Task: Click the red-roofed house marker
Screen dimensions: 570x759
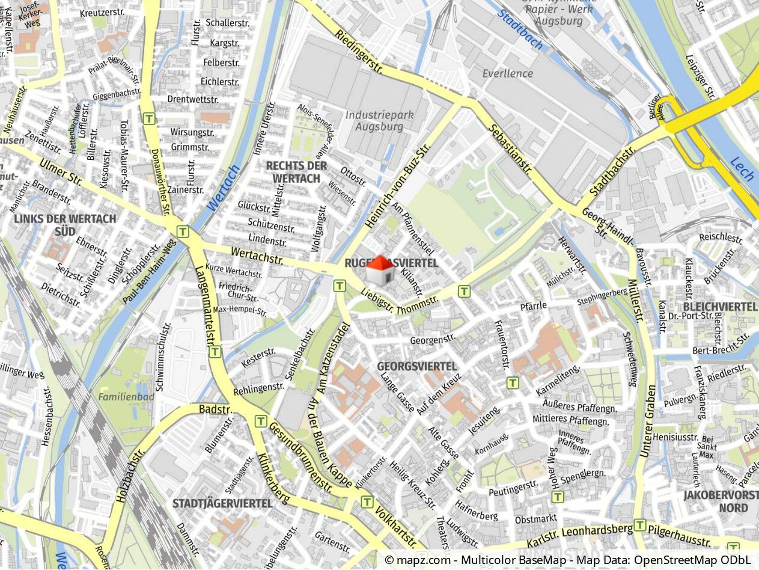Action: click(x=380, y=270)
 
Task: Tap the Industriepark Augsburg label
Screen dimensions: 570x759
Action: click(x=379, y=120)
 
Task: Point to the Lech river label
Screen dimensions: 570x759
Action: click(x=742, y=169)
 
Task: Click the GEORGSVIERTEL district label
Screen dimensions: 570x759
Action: click(x=417, y=366)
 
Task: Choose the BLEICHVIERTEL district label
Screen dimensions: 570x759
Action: click(x=719, y=307)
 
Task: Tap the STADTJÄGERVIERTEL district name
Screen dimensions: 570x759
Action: click(x=222, y=503)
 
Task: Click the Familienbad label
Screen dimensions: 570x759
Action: click(x=126, y=397)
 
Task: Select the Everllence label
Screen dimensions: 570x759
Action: click(x=508, y=73)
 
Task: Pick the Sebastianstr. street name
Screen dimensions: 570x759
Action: click(x=510, y=149)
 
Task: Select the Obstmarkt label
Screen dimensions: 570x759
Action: click(x=536, y=519)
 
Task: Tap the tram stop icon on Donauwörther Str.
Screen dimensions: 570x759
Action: click(x=149, y=118)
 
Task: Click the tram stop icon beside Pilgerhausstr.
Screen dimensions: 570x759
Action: click(x=640, y=525)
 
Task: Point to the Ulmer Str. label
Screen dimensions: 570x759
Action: click(x=61, y=171)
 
